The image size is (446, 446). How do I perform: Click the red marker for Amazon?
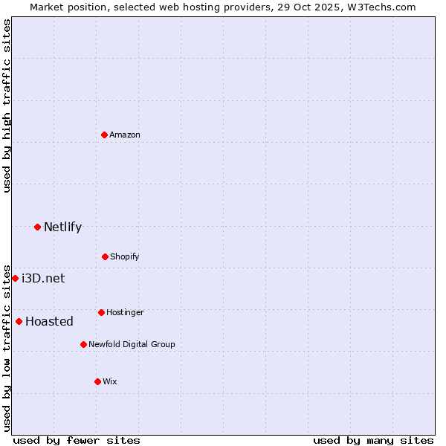tap(104, 135)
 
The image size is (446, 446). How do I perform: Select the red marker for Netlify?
tap(37, 227)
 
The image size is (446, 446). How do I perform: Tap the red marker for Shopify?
tap(105, 256)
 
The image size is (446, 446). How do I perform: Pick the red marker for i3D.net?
tap(15, 278)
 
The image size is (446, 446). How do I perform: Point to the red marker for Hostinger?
tap(101, 312)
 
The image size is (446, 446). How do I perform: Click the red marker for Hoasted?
tap(19, 321)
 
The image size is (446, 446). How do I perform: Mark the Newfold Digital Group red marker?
tap(83, 344)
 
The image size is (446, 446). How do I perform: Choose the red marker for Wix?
tap(97, 381)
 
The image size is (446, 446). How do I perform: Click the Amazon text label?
tap(125, 135)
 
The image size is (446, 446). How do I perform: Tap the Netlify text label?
tap(62, 227)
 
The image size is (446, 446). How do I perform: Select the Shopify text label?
tap(125, 256)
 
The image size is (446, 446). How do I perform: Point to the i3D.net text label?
tap(43, 278)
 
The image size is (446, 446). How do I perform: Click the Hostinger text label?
tap(125, 312)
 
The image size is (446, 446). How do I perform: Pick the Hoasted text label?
tap(49, 321)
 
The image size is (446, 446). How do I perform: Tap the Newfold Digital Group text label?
tap(132, 344)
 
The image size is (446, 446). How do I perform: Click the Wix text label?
tap(110, 381)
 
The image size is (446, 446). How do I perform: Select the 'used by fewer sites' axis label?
tap(77, 440)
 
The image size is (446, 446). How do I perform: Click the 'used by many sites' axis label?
tap(373, 440)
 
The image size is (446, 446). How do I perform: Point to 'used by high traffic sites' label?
tap(7, 106)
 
